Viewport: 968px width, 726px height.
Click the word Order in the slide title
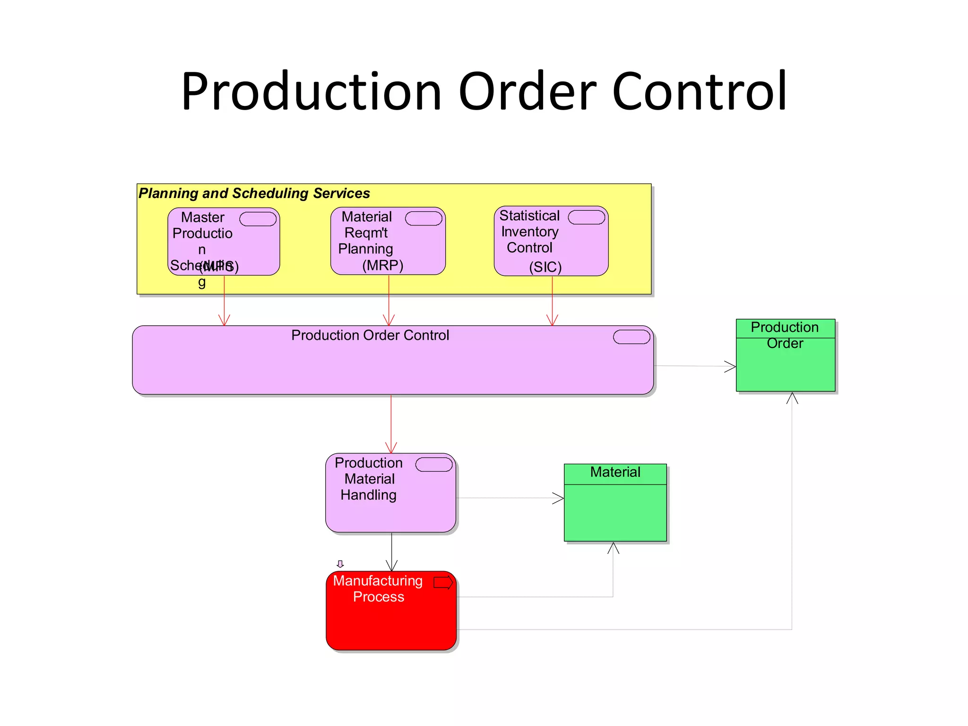tap(527, 91)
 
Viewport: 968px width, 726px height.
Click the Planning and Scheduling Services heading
tap(254, 193)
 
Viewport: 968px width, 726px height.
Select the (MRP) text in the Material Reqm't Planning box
tap(382, 265)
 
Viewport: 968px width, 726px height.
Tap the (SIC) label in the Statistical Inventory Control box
tap(545, 267)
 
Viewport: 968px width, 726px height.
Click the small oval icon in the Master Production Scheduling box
tap(258, 219)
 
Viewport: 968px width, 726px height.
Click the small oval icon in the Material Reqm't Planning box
tap(423, 218)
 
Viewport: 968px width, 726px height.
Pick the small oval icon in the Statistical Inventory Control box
tap(586, 217)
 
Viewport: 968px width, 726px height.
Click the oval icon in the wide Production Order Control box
tap(631, 337)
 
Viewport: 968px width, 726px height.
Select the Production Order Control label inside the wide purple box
tap(370, 335)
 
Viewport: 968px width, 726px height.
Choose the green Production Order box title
tap(785, 335)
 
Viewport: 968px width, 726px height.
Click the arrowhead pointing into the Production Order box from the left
tap(731, 366)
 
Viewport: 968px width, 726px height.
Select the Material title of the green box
tap(615, 472)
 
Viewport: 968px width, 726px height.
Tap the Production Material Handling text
tap(369, 479)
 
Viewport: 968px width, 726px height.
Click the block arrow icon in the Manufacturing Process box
tap(443, 582)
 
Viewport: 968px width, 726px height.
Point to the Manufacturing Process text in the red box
tap(378, 588)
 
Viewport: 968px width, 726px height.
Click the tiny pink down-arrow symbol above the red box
tap(340, 564)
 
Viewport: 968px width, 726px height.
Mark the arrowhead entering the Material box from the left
tap(559, 498)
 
